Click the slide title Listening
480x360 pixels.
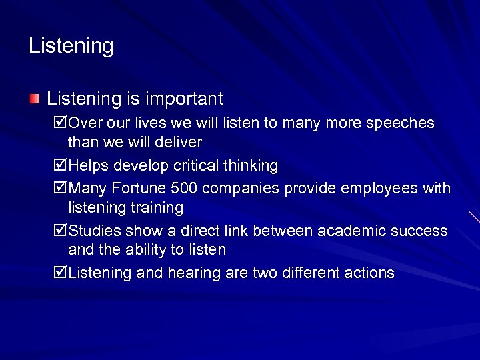click(x=71, y=46)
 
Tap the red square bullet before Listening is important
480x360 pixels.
click(x=35, y=99)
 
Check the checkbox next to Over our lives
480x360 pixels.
click(x=59, y=123)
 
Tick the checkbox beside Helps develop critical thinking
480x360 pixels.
click(x=59, y=165)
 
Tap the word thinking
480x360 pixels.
click(x=251, y=165)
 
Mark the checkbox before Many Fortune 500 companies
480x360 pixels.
click(x=59, y=189)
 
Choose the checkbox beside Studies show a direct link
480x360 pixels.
click(x=59, y=231)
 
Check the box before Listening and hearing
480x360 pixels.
click(x=59, y=273)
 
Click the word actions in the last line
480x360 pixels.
click(x=367, y=273)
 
